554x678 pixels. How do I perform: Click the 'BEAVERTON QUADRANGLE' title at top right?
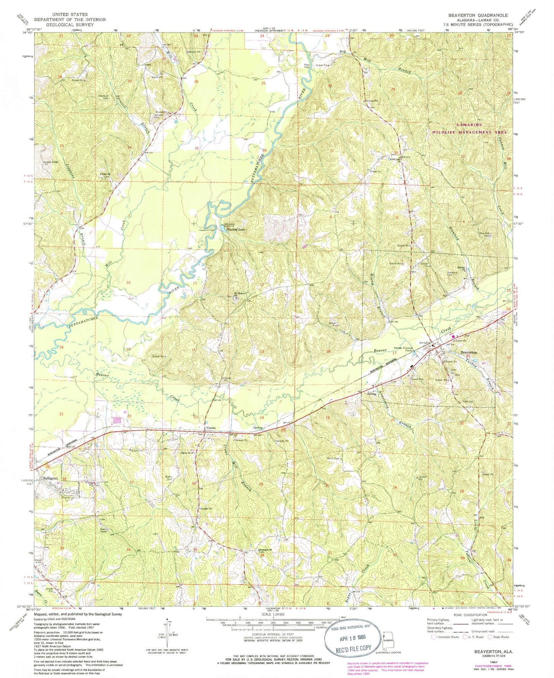(478, 15)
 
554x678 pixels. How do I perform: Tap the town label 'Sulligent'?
(51, 478)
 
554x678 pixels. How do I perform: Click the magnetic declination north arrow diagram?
(168, 632)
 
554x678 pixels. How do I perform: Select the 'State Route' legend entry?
(498, 637)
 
